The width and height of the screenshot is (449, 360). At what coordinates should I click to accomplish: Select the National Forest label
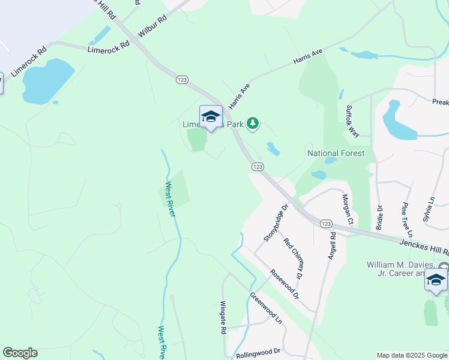tap(336, 154)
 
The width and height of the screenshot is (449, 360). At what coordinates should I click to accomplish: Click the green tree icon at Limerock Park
tap(253, 124)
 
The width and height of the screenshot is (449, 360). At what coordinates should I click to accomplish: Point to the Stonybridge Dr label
tap(276, 223)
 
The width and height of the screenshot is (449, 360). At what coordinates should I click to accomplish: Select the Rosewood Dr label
tap(284, 283)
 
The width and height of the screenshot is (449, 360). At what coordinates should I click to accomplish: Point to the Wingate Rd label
tap(223, 317)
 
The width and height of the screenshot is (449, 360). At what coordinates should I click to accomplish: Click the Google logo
tap(20, 353)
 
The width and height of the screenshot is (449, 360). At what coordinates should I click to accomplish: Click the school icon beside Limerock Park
tap(211, 116)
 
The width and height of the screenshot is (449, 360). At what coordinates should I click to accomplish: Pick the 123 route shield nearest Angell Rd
tap(326, 223)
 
